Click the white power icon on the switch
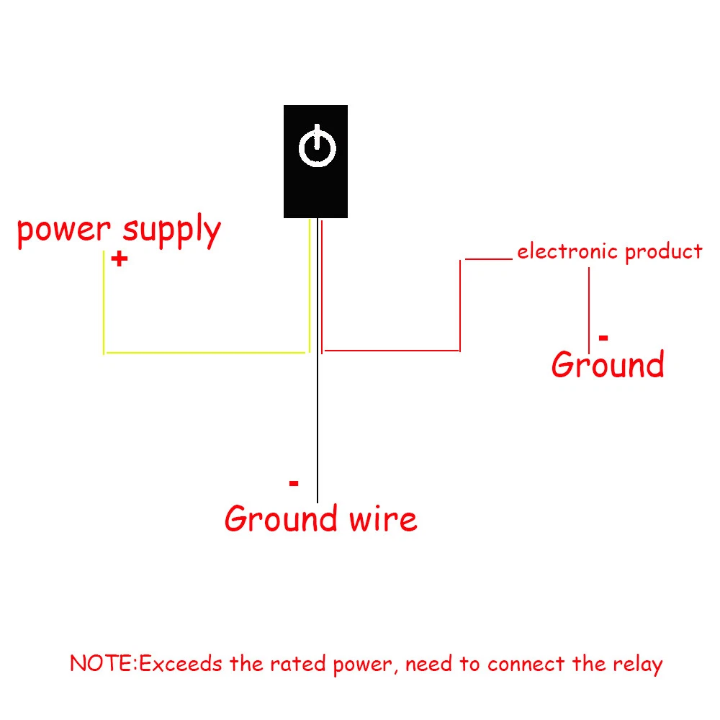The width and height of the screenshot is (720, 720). point(317,148)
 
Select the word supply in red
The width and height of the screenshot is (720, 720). point(171,232)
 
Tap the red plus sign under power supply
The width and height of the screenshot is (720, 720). point(120,259)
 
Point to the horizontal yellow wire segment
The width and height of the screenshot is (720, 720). point(205,353)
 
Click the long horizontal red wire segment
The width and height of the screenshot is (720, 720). point(392,351)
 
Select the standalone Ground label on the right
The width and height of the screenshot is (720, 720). point(608,365)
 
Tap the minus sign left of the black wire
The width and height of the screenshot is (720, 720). point(293,483)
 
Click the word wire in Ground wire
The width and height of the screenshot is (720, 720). point(382,519)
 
